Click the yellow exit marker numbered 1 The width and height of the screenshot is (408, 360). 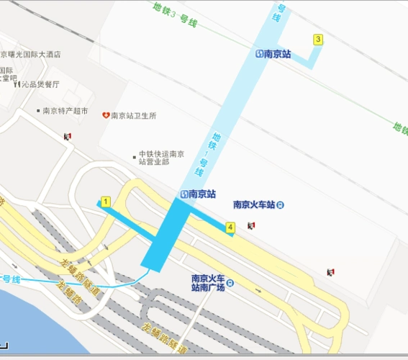(x=106, y=202)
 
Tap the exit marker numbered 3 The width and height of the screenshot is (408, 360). (x=318, y=39)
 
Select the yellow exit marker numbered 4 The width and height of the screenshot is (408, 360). (x=230, y=228)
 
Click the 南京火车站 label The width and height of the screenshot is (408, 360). (x=254, y=204)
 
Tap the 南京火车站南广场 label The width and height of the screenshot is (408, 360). (x=209, y=282)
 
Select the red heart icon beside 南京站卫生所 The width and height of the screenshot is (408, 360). (x=105, y=115)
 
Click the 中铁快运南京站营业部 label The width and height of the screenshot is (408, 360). (x=161, y=158)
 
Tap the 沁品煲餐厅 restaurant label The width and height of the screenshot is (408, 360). (x=40, y=84)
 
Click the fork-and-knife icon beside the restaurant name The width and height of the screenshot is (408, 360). (x=17, y=84)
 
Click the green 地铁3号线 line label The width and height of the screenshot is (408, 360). (x=176, y=15)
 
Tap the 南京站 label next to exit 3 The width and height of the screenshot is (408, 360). (x=277, y=53)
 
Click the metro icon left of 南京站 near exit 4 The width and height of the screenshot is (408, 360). (x=185, y=194)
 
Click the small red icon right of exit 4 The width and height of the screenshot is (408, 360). (x=251, y=226)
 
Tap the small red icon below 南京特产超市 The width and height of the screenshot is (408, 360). (x=68, y=135)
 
